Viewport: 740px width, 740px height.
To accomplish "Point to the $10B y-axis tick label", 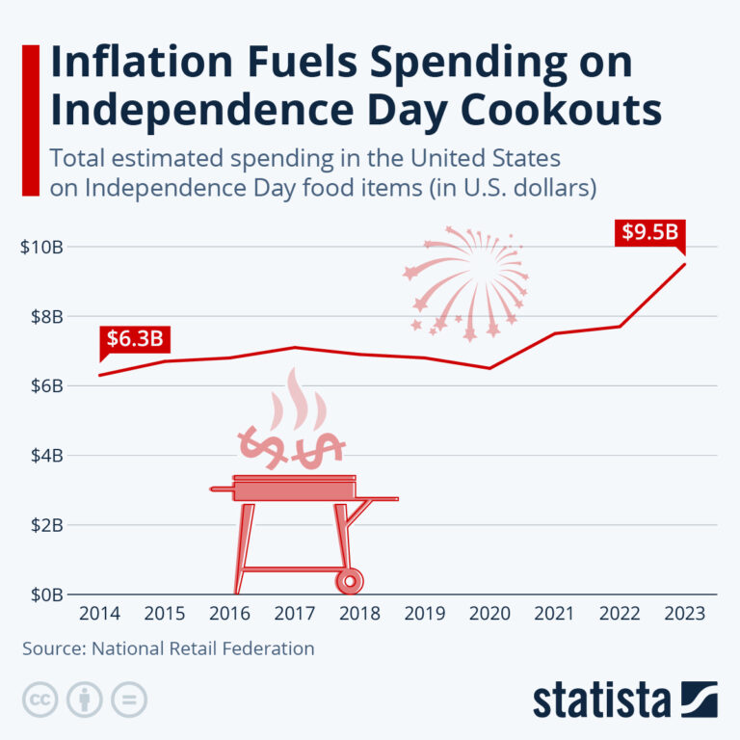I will [x=41, y=247].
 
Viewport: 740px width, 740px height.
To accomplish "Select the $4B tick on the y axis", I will [x=45, y=455].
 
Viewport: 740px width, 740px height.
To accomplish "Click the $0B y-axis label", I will [x=45, y=595].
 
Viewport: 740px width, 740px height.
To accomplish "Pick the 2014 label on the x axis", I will [x=100, y=613].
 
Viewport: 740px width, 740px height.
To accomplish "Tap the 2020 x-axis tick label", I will [x=490, y=613].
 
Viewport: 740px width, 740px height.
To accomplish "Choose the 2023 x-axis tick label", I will [x=685, y=613].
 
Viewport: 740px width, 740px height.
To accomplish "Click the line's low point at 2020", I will [x=490, y=368].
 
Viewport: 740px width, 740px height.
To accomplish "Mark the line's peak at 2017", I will [x=295, y=347].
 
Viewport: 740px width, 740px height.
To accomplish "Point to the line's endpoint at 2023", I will [x=685, y=264].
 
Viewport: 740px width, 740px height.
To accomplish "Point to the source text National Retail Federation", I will [x=203, y=648].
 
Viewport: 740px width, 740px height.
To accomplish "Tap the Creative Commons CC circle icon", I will [x=40, y=700].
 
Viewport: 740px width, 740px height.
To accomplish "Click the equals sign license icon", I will [x=128, y=700].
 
